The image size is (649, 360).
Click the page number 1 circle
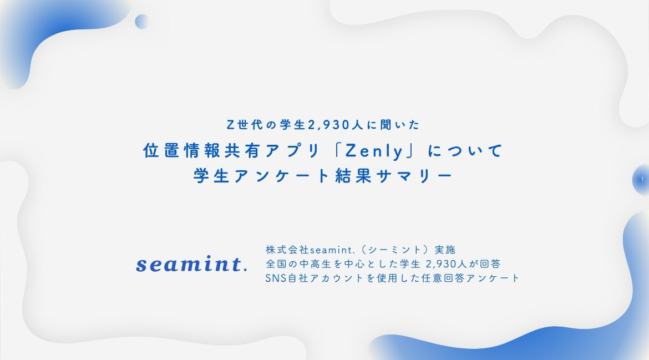(x=641, y=180)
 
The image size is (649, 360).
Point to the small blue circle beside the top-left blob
(x=142, y=22)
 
